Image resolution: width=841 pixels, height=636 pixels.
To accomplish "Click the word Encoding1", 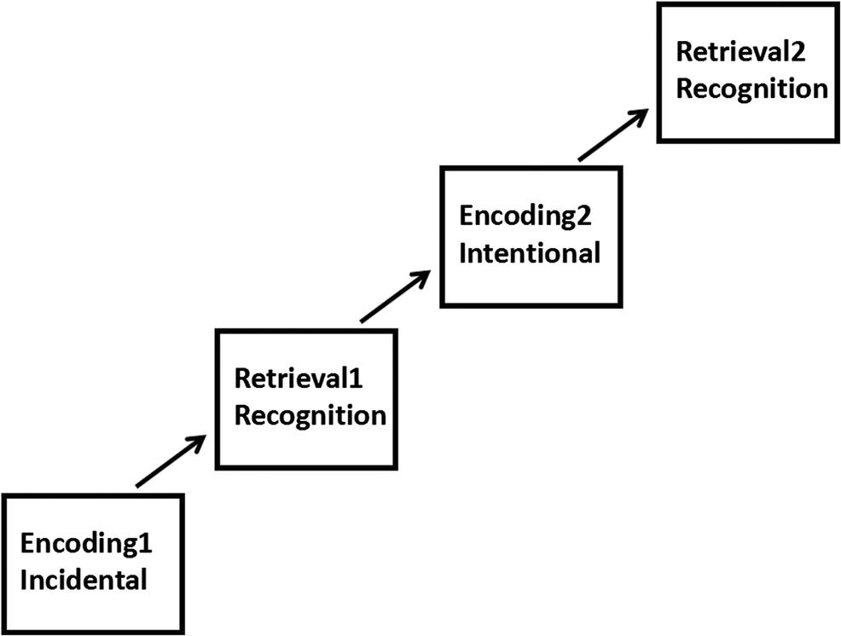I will [x=89, y=545].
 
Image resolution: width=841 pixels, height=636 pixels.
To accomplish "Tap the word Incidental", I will [x=84, y=581].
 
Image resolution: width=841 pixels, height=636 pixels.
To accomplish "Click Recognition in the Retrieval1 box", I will [x=310, y=416].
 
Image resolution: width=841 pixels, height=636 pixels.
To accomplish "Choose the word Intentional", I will [x=530, y=252].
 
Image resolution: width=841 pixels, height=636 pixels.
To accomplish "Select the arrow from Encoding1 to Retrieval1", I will [x=170, y=461].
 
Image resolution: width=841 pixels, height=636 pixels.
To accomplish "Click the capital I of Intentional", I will [x=464, y=252].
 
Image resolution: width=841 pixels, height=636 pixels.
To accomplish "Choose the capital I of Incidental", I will [x=25, y=581].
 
